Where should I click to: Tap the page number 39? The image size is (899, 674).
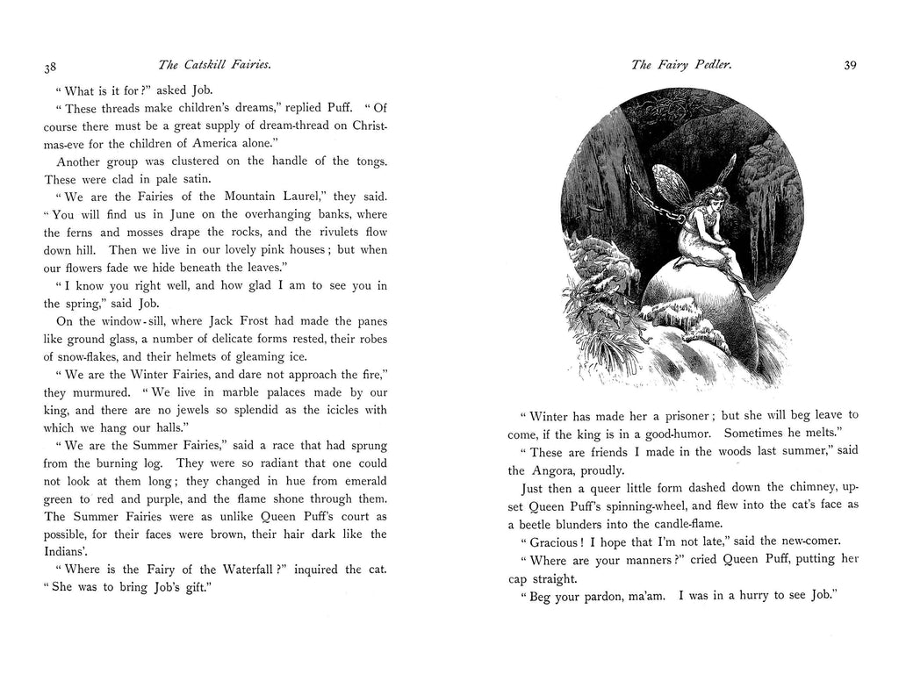[850, 65]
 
